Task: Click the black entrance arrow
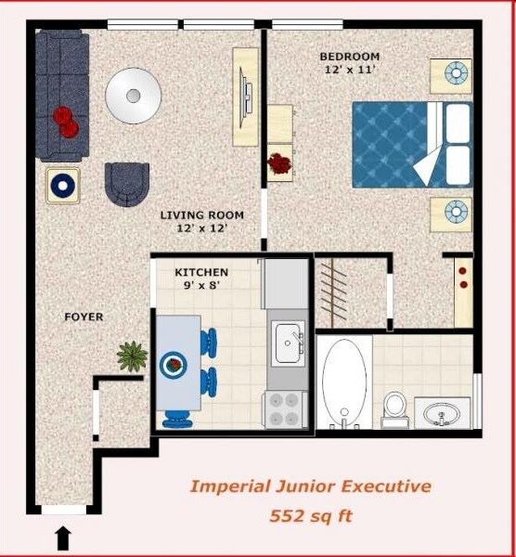tap(63, 537)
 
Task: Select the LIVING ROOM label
tap(195, 215)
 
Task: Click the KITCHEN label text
tap(201, 273)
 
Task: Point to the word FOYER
tap(84, 317)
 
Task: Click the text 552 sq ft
tap(310, 514)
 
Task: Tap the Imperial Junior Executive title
tap(310, 486)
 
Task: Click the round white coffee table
tap(134, 94)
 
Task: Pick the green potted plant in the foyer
tap(132, 355)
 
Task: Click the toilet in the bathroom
tap(395, 407)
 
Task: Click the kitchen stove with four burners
tap(286, 408)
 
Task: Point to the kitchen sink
tap(288, 343)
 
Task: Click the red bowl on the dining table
tap(173, 365)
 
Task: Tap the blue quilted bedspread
tap(390, 144)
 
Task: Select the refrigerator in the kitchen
tap(285, 283)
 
